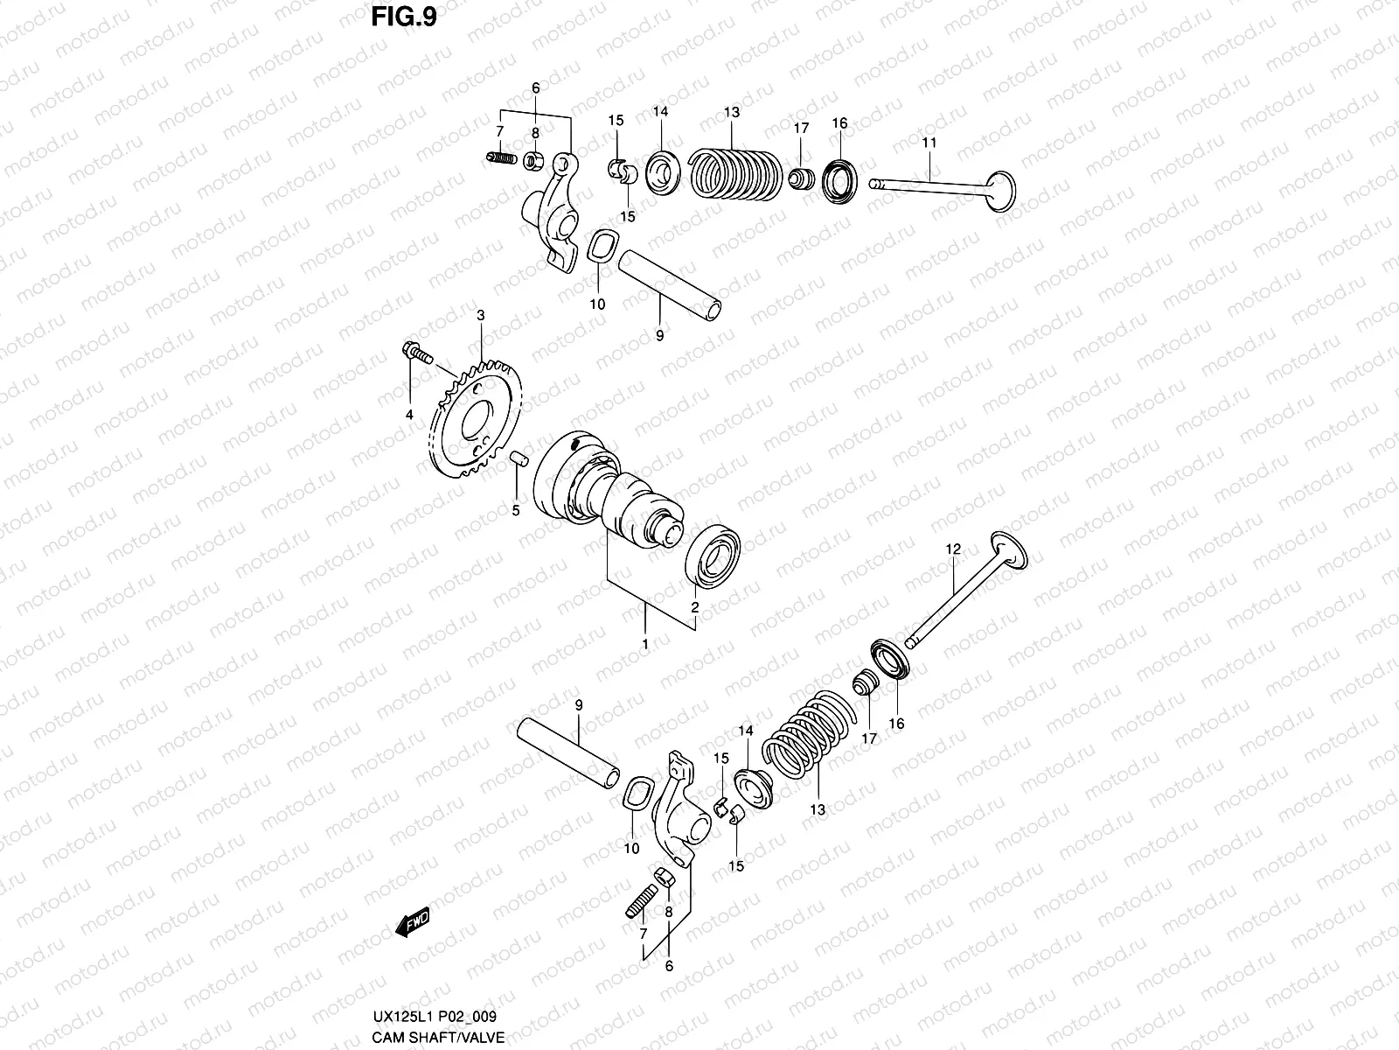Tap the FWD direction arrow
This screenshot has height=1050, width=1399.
pyautogui.click(x=413, y=922)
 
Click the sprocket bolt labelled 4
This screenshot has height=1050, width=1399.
pyautogui.click(x=416, y=353)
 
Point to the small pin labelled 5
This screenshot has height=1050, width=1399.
pyautogui.click(x=518, y=458)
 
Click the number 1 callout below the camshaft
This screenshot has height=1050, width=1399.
pyautogui.click(x=645, y=644)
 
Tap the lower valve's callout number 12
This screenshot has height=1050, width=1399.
pyautogui.click(x=953, y=549)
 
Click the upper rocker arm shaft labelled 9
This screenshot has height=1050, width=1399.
pyautogui.click(x=669, y=285)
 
